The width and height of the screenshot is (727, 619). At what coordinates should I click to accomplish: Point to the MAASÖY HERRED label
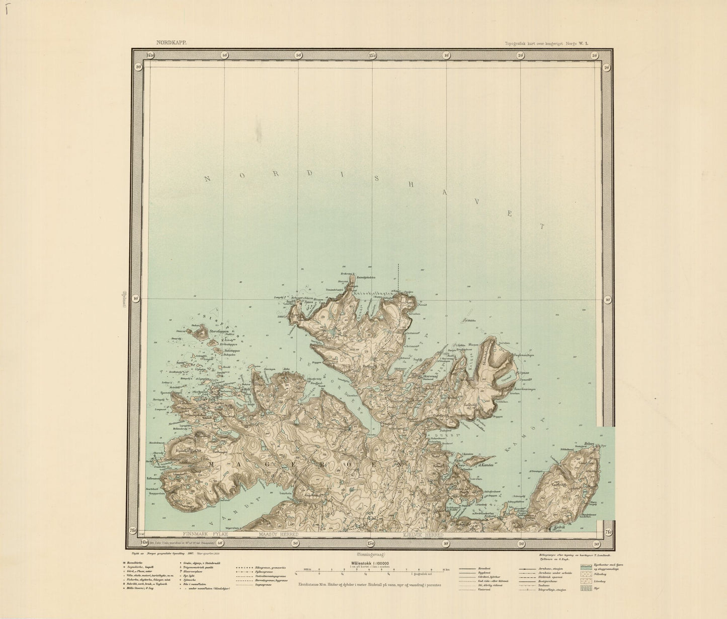tap(278, 533)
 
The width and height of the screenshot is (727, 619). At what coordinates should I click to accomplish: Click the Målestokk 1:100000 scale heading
tap(371, 564)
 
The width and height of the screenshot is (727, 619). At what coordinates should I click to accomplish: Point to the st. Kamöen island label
tap(485, 465)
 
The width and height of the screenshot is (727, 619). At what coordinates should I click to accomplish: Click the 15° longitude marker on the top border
tap(372, 55)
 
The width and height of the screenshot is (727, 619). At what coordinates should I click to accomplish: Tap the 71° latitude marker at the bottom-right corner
tap(607, 532)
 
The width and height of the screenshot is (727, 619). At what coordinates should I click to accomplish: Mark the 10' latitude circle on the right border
tap(607, 300)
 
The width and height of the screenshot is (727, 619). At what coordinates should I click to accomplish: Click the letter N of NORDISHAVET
tap(208, 178)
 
